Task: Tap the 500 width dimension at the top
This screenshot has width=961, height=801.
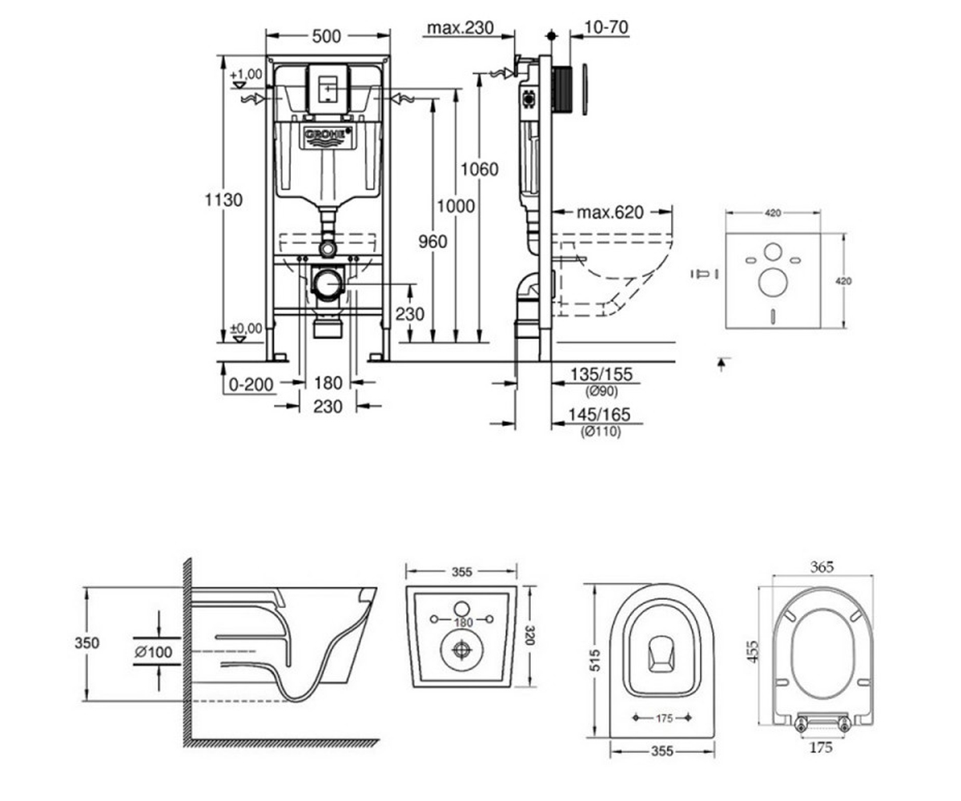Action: click(x=326, y=36)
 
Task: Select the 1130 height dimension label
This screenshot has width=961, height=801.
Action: click(x=223, y=199)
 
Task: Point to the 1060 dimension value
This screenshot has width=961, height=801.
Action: click(x=480, y=169)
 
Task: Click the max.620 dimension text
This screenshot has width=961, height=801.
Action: click(x=609, y=212)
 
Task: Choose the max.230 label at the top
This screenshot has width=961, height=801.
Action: click(x=460, y=27)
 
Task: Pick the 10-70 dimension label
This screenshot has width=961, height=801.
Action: click(x=605, y=27)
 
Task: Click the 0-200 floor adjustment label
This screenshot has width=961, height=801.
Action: click(x=251, y=384)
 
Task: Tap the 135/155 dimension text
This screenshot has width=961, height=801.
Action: click(x=601, y=374)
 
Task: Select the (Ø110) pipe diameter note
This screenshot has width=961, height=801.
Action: click(x=601, y=432)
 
